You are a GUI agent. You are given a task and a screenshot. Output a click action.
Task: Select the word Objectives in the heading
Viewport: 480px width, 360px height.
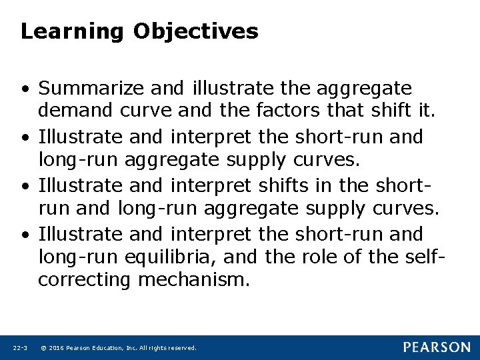tap(195, 31)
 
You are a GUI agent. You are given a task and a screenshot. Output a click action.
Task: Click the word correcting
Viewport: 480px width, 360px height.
tap(85, 280)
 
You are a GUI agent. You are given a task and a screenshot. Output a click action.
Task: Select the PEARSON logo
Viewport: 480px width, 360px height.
tap(437, 347)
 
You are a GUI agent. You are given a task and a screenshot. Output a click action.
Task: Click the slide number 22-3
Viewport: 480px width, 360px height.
tap(19, 348)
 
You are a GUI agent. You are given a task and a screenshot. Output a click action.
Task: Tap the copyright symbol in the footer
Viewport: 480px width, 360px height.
tap(43, 348)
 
